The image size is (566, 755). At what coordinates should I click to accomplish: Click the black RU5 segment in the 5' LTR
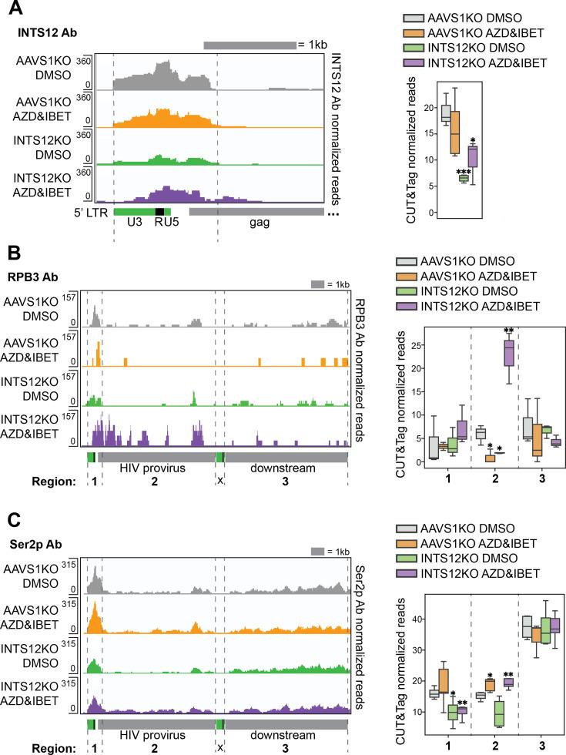(x=159, y=210)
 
